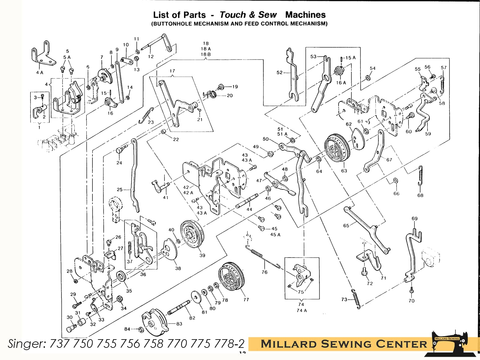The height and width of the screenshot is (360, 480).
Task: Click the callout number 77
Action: [x=246, y=300]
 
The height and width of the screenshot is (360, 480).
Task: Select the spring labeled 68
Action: [x=420, y=176]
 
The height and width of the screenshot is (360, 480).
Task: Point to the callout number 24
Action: [x=119, y=163]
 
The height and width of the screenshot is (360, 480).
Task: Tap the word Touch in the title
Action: [x=233, y=15]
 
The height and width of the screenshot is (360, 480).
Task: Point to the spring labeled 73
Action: [x=356, y=299]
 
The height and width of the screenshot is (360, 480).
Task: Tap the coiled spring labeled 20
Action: [x=210, y=94]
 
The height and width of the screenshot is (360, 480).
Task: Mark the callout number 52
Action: [x=279, y=73]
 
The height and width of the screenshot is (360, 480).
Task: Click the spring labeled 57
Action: [x=442, y=85]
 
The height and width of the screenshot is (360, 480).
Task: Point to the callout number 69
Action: [x=414, y=219]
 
